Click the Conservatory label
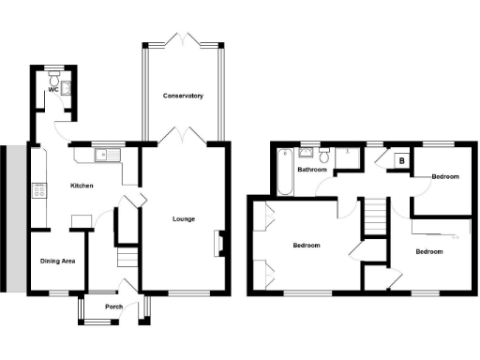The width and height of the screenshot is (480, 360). click(183, 96)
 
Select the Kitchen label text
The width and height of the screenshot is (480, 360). click(82, 186)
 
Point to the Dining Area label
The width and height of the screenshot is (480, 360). click(57, 261)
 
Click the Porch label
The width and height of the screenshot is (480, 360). click(113, 307)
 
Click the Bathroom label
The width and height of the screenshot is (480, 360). click(311, 170)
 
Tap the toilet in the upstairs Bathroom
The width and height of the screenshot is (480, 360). click(324, 154)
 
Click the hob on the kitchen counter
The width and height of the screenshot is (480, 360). click(39, 191)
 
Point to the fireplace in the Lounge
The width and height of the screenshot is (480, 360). click(219, 243)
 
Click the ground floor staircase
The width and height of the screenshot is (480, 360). click(125, 255)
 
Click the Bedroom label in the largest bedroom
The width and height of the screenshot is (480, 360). click(306, 246)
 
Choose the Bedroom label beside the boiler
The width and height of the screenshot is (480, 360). click(444, 176)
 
